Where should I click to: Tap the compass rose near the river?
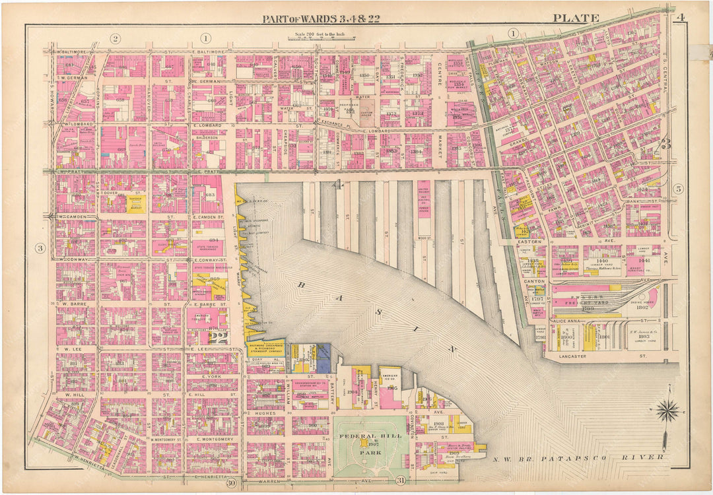point(668,411)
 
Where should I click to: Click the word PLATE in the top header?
point(576,18)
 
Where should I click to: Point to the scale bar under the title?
point(315,39)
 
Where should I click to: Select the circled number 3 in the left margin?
point(40,248)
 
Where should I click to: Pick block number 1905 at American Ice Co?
point(391,388)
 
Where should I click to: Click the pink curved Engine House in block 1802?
point(650,298)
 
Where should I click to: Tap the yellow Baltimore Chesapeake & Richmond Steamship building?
point(265,348)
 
